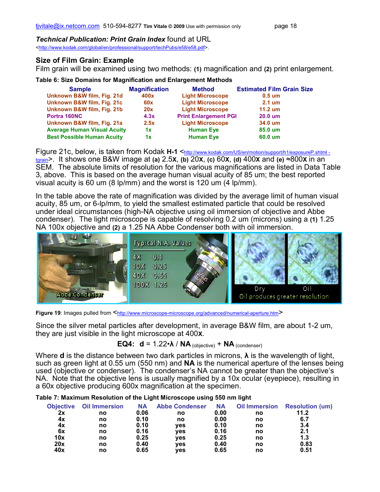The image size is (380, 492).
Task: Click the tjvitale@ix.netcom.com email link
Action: tap(67, 26)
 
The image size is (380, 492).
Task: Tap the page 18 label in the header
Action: tap(285, 26)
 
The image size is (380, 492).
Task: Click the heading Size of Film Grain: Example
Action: tap(85, 60)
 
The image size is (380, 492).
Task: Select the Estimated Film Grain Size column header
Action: tap(274, 89)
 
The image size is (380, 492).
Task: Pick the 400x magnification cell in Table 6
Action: tap(148, 96)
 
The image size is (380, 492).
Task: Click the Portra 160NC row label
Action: tap(64, 116)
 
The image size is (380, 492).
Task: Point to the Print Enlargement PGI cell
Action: tap(207, 116)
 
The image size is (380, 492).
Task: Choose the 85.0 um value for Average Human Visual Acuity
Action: tap(269, 130)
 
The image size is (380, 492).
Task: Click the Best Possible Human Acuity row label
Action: tap(85, 137)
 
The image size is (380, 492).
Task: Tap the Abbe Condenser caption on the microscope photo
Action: tap(80, 295)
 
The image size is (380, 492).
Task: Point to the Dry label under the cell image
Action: tap(260, 289)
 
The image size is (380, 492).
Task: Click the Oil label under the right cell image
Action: tap(307, 289)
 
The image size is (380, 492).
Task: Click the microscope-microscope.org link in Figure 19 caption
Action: tap(197, 313)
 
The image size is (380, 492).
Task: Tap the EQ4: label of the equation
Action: tap(126, 344)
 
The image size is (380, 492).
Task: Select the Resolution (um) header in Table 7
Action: tap(308, 406)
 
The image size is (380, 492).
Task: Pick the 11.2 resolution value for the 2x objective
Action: tap(302, 413)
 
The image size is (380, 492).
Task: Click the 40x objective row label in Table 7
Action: tap(59, 450)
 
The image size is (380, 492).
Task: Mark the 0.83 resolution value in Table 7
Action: tap(306, 444)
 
